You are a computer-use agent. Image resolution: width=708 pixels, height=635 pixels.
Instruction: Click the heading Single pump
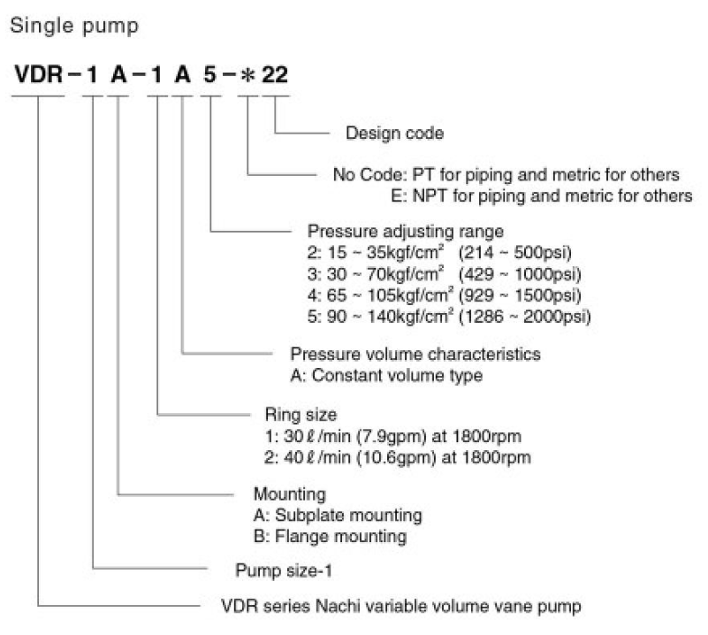point(73,27)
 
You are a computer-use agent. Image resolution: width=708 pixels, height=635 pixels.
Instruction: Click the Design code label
point(394,134)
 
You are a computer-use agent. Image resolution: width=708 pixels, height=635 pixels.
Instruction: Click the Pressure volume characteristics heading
point(415,354)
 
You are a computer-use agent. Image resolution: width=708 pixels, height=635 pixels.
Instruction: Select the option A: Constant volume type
point(387,375)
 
